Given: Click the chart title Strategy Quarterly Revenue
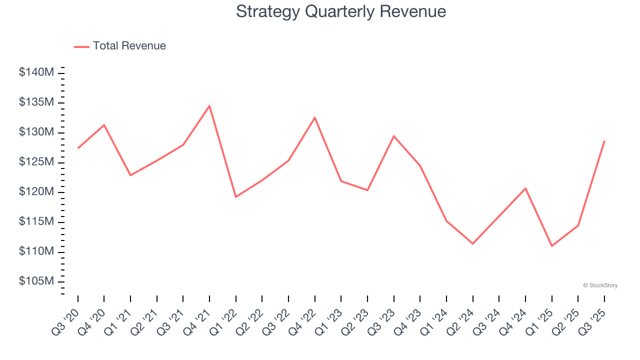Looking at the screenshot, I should click(340, 11).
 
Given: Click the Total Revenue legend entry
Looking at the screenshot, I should click(120, 46).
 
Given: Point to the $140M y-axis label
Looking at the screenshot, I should click(36, 72).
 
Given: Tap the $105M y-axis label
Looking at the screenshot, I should click(36, 281).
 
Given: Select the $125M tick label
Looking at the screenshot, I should click(36, 162).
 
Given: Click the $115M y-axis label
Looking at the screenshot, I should click(36, 221).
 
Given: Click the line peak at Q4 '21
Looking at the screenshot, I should click(209, 105).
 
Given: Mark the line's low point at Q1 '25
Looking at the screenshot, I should click(551, 246).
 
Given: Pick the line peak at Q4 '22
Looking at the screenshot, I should click(314, 117).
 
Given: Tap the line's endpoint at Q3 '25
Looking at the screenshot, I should click(604, 141).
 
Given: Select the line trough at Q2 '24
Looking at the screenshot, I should click(472, 243).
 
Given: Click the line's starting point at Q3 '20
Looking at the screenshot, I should click(78, 148).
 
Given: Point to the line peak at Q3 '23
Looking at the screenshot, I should click(393, 136).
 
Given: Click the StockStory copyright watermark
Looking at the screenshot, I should click(600, 285).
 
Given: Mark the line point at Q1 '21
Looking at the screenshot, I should click(130, 175).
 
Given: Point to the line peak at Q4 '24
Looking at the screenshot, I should click(525, 188).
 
